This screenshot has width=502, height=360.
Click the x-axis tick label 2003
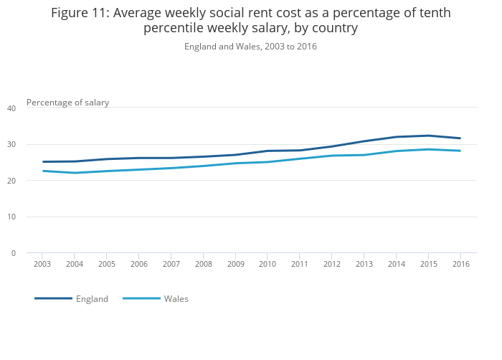42,264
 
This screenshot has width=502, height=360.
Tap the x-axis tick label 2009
235,264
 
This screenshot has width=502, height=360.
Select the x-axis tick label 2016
460,264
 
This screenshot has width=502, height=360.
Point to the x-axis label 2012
332,264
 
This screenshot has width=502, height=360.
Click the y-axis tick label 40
11,108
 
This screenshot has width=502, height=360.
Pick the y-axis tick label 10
11,217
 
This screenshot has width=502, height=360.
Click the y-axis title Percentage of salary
67,103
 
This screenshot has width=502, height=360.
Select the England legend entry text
92,299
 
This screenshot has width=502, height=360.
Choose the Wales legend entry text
176,299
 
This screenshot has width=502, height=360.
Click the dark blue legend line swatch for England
54,298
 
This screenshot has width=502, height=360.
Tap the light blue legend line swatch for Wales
141,298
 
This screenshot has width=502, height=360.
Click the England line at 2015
428,136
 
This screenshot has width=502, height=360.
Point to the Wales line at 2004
75,173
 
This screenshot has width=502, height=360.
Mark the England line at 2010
267,151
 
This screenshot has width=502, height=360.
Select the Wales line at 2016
460,151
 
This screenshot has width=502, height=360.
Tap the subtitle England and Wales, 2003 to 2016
250,47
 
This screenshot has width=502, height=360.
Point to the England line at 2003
42,161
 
